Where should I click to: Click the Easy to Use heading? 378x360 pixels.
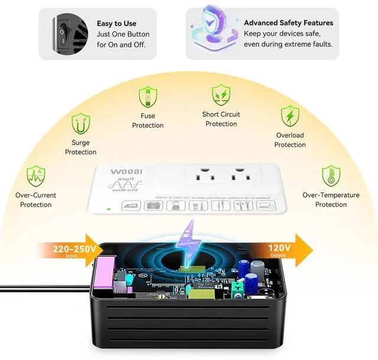click(116, 24)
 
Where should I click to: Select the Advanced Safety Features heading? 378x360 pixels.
click(288, 23)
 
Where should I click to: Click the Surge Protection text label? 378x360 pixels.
click(80, 148)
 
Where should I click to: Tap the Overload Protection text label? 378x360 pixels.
click(289, 140)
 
